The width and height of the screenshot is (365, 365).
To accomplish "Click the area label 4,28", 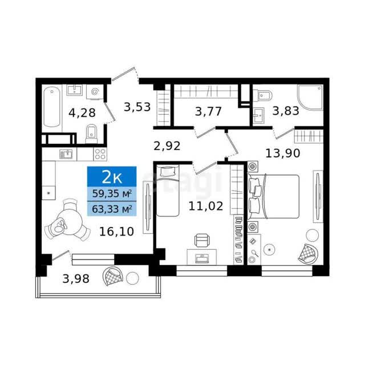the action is [82, 113].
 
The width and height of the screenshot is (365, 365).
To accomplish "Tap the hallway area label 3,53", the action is [137, 107].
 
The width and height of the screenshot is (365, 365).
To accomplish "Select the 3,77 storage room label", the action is [208, 111].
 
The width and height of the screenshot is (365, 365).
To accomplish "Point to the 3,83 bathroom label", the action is [286, 111].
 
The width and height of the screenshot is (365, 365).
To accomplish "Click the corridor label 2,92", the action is [167, 146].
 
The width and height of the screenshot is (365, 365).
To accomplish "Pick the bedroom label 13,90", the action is [283, 153].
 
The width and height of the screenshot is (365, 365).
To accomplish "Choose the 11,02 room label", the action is [206, 206].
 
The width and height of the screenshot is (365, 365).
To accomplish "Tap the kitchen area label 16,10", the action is [116, 232].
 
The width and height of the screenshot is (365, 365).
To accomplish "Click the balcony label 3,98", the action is [76, 279].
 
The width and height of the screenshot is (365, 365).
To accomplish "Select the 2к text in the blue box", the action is [112, 177].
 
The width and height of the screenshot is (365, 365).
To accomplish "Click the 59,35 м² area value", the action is [112, 193].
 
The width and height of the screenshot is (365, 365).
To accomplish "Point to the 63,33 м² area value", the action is [112, 209].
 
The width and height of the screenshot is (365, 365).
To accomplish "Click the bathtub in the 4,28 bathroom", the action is [52, 107].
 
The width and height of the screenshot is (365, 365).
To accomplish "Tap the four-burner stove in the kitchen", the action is [100, 154].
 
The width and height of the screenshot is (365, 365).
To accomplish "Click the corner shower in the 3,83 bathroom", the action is [310, 97].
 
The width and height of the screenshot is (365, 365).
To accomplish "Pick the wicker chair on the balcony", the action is [113, 276].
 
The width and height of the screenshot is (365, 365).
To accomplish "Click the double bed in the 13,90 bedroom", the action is [273, 196].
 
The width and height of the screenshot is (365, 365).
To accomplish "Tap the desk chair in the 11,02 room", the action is [201, 240].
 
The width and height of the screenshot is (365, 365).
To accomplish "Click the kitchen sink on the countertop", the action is [66, 154].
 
